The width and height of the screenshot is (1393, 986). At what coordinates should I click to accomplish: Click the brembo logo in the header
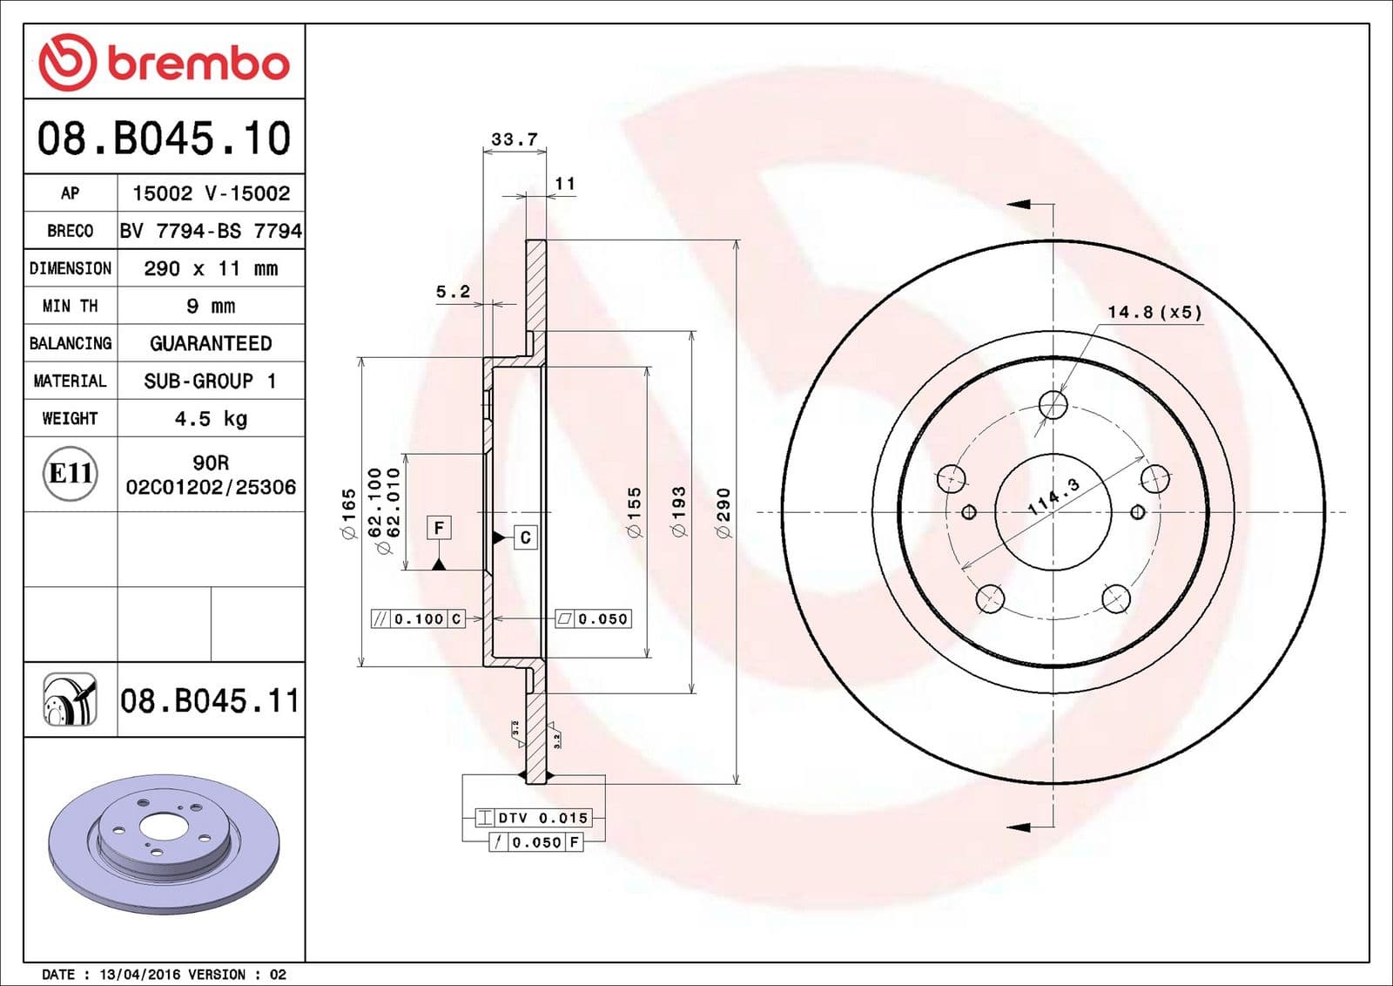(x=164, y=63)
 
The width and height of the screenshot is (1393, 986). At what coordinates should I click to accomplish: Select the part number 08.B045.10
(x=164, y=138)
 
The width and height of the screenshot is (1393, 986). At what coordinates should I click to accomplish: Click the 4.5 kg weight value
(x=211, y=419)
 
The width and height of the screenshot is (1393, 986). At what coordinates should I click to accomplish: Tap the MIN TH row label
(x=70, y=306)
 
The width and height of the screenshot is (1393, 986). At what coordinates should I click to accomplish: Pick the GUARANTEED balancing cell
(x=211, y=343)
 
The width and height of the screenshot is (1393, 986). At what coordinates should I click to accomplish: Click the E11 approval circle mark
(x=71, y=473)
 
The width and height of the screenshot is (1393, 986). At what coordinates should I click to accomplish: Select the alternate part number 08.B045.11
(x=210, y=700)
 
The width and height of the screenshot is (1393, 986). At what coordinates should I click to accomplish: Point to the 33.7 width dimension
(x=515, y=139)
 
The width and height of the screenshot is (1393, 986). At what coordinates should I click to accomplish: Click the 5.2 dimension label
(x=453, y=292)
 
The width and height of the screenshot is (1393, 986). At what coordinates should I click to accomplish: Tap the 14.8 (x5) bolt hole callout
(x=1154, y=312)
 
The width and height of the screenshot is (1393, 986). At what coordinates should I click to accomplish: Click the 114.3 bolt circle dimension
(x=1053, y=496)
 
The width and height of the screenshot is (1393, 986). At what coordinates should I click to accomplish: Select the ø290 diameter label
(x=723, y=512)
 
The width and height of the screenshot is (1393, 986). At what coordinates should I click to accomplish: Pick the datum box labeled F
(x=439, y=528)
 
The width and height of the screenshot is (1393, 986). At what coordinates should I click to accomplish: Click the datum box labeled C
(x=525, y=537)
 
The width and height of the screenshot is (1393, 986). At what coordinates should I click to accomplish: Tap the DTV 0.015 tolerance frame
(x=534, y=818)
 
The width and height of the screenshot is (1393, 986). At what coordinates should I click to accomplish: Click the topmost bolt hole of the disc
(x=1053, y=404)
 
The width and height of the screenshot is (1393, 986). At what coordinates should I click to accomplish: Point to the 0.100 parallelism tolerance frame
(x=418, y=618)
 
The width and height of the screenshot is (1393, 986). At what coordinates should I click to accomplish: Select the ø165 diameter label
(x=348, y=514)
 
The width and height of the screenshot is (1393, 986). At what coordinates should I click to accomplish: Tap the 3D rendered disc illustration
(x=164, y=843)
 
